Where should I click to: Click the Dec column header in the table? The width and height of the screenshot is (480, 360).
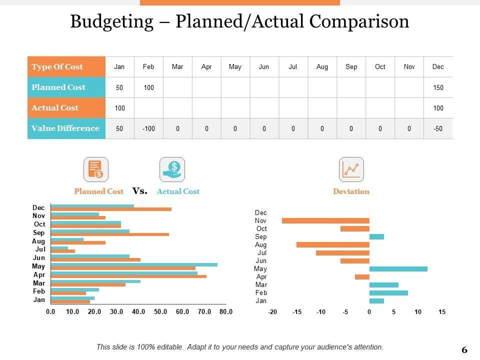438,67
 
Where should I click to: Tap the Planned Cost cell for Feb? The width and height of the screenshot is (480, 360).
148,87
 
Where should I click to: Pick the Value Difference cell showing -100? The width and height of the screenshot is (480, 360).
148,128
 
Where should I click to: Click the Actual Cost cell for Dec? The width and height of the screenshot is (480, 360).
438,108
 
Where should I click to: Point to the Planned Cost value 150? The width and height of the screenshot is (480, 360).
438,87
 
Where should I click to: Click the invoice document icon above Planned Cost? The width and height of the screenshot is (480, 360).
95,169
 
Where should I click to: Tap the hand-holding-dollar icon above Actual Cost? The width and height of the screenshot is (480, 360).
172,169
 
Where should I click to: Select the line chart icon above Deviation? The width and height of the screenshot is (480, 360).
351,169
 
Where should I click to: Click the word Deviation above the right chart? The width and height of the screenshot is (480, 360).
351,191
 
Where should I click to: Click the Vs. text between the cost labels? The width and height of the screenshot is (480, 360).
140,191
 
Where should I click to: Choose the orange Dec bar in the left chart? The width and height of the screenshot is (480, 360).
111,209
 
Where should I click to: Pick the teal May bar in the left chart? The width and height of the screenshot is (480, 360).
134,264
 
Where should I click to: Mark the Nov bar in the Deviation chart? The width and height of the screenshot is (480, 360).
325,220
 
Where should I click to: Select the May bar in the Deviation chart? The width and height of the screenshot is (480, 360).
398,268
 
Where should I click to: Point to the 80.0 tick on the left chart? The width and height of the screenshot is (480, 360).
226,312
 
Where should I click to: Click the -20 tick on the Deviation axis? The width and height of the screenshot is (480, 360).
272,312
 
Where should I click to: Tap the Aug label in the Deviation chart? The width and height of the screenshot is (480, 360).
260,245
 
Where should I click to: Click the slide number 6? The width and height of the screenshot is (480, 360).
464,350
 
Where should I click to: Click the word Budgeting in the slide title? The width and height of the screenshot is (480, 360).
111,21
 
